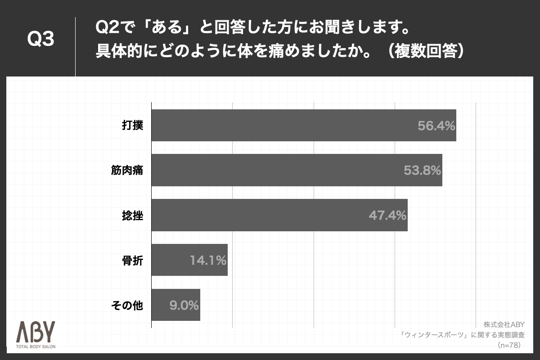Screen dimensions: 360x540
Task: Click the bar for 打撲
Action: tap(304, 125)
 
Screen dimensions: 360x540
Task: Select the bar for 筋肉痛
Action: tap(297, 170)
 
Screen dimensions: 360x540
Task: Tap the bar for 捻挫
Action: tap(279, 215)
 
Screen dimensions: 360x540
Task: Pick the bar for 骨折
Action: tap(189, 260)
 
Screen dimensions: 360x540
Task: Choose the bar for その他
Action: tap(175, 305)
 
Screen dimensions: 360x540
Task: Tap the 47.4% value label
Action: tap(388, 216)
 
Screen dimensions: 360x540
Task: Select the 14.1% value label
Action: tap(207, 261)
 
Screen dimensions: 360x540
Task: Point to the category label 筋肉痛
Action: tap(127, 171)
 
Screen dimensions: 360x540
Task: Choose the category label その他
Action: tap(127, 306)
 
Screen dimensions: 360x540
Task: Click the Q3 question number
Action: tap(40, 40)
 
